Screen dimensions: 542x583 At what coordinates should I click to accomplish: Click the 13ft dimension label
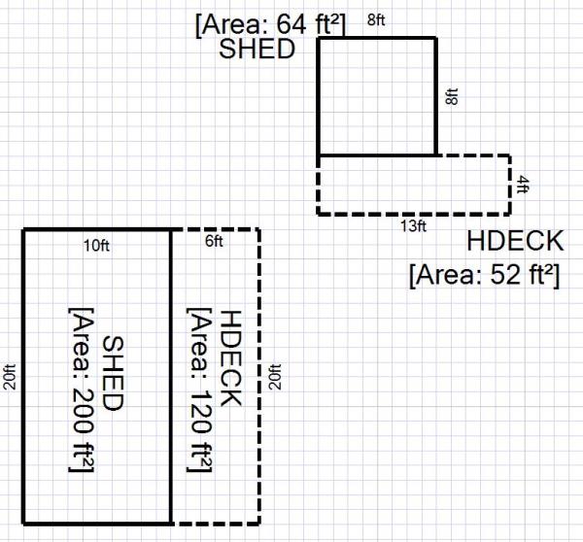pyautogui.click(x=414, y=225)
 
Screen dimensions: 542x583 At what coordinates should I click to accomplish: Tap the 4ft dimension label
pyautogui.click(x=523, y=185)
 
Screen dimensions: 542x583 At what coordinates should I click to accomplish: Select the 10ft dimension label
pyautogui.click(x=97, y=245)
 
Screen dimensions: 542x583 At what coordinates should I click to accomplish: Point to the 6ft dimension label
pyautogui.click(x=214, y=241)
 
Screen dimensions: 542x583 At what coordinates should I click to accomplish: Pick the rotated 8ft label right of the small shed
pyautogui.click(x=450, y=97)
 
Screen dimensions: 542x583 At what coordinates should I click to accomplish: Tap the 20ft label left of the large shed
pyautogui.click(x=11, y=377)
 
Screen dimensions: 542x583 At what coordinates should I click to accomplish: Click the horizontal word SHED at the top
pyautogui.click(x=257, y=50)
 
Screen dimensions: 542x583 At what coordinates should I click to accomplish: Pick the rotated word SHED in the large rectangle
pyautogui.click(x=113, y=374)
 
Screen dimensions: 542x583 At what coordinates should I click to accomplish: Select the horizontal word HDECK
pyautogui.click(x=514, y=241)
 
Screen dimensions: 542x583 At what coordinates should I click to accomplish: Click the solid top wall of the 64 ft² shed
pyautogui.click(x=377, y=38)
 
